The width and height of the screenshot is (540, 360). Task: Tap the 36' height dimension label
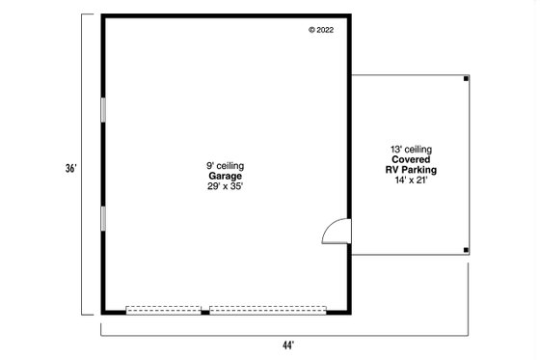click(70, 167)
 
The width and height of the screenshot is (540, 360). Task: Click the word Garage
click(226, 176)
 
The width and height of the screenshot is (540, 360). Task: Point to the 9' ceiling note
click(226, 166)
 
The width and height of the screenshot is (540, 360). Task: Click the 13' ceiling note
click(411, 149)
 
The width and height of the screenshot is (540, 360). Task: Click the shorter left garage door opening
click(164, 311)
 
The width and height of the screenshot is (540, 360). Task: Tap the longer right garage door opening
click(268, 311)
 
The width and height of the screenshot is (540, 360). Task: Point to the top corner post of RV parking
click(467, 78)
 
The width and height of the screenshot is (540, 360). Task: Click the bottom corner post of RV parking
click(467, 251)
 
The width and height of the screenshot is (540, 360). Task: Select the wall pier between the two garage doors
click(205, 311)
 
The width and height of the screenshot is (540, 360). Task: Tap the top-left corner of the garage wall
click(103, 16)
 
